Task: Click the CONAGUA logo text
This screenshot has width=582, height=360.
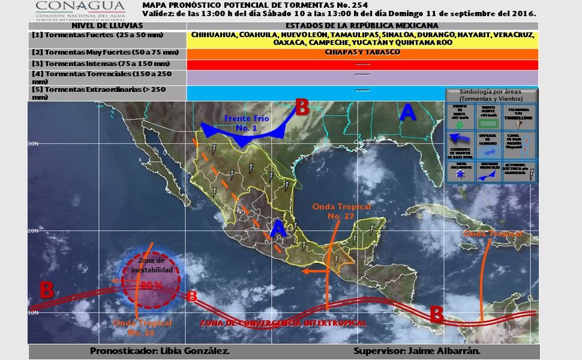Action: coord(71,7)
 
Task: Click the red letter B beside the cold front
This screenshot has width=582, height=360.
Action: coord(301,108)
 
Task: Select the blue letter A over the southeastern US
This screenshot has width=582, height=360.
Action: coord(407,112)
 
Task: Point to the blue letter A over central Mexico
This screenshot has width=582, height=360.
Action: coord(277,229)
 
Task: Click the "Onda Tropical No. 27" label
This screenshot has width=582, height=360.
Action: coord(342,211)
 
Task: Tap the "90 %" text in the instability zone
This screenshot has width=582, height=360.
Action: coord(151,286)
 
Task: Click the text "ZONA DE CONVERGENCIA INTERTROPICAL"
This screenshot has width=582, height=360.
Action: coord(283,323)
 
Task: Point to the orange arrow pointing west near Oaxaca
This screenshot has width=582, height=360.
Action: coord(311,271)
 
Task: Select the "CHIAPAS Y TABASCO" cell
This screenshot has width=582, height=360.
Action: coord(362,52)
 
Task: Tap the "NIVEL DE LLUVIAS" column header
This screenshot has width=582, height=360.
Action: coord(107,26)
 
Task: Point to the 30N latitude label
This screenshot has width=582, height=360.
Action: coord(34,144)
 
